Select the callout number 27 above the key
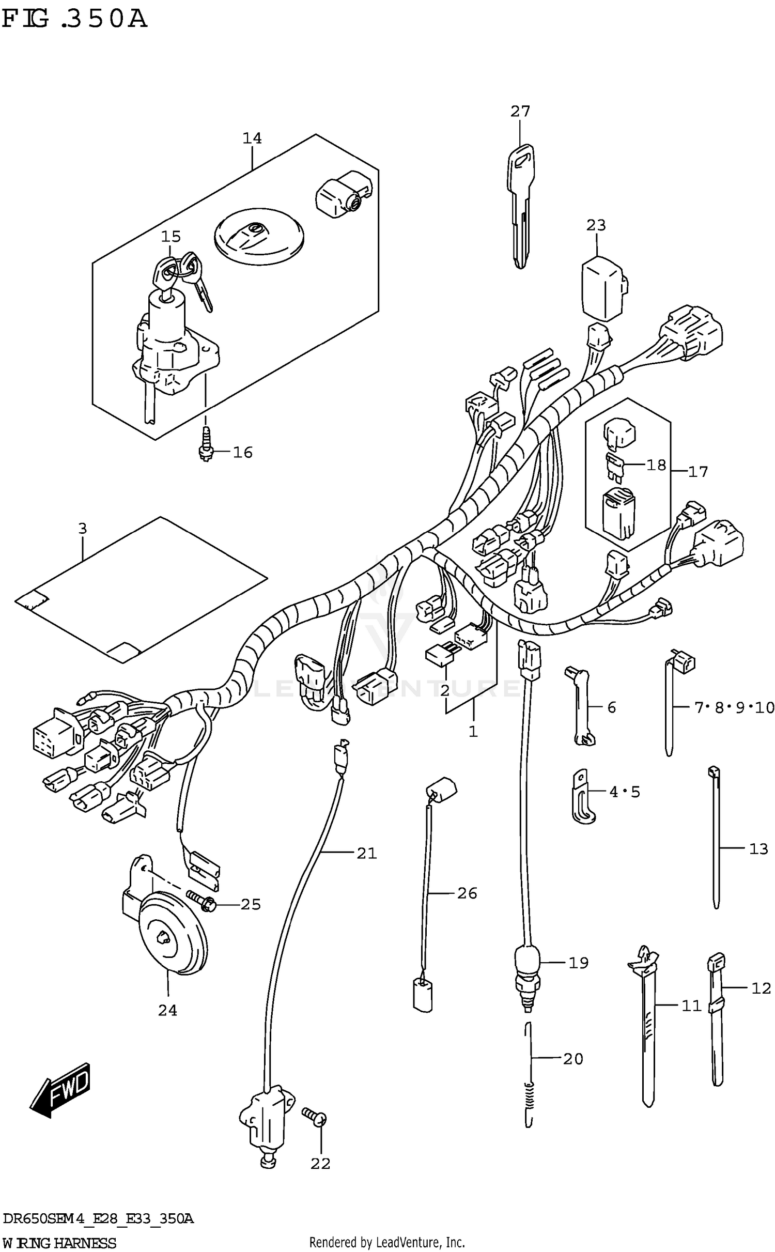pyautogui.click(x=520, y=111)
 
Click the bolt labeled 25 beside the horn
pyautogui.click(x=202, y=901)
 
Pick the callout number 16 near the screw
pyautogui.click(x=242, y=453)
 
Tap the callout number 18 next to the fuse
pyautogui.click(x=656, y=465)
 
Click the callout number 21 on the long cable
pyautogui.click(x=366, y=853)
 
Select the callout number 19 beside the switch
pyautogui.click(x=578, y=963)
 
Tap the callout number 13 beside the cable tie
pyautogui.click(x=758, y=848)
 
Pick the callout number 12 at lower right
pyautogui.click(x=761, y=988)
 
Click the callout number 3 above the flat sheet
pyautogui.click(x=83, y=529)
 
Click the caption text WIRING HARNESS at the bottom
pyautogui.click(x=59, y=1243)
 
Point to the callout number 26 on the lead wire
pyautogui.click(x=467, y=893)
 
